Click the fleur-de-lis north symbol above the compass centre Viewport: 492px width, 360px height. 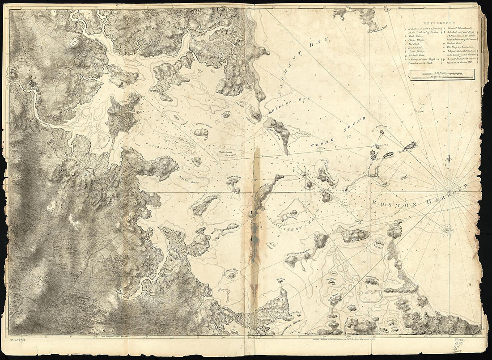pyautogui.click(x=449, y=159)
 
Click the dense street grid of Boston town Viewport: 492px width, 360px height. pyautogui.click(x=123, y=115)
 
